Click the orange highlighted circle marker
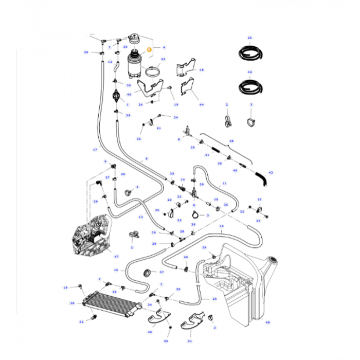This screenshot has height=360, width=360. pyautogui.click(x=150, y=50)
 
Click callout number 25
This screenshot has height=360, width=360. pyautogui.click(x=250, y=38)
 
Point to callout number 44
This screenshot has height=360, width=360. pyautogui.click(x=202, y=104)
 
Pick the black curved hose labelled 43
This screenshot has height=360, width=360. pyautogui.click(x=264, y=178)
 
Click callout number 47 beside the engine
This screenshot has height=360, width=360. pyautogui.click(x=116, y=256)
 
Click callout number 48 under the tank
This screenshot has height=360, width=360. pyautogui.click(x=267, y=323)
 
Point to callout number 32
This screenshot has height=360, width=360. pyautogui.click(x=81, y=322)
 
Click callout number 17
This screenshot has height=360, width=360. pyautogui.click(x=95, y=150)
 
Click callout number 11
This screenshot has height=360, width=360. pyautogui.click(x=224, y=183)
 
